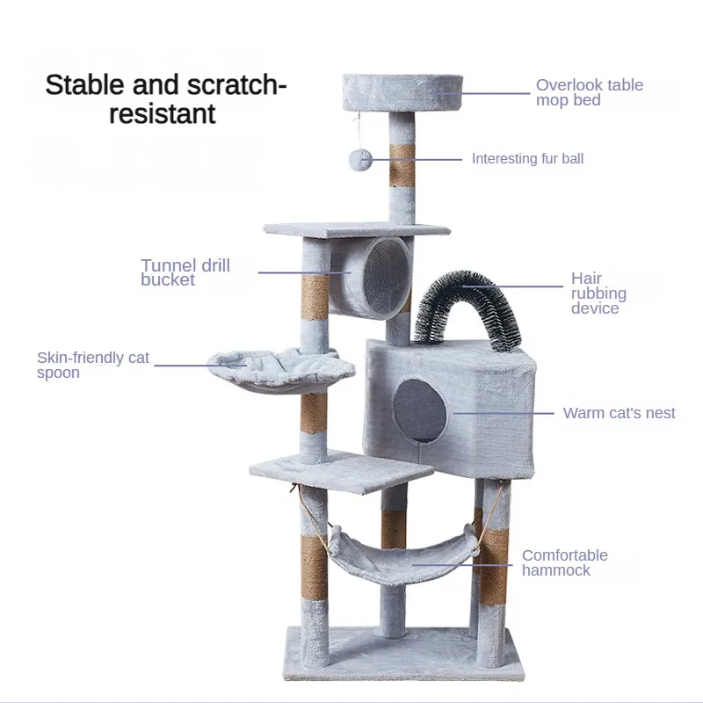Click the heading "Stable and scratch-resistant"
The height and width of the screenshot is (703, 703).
[x=166, y=99]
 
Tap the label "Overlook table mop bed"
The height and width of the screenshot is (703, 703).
[x=589, y=92]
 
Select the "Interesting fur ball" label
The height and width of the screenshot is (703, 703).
[x=527, y=159]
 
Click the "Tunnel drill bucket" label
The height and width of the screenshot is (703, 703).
[x=185, y=272]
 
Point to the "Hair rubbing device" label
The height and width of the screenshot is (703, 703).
[x=598, y=294]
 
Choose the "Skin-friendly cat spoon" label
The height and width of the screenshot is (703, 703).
[x=93, y=366]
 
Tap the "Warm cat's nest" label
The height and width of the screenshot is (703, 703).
[x=619, y=413]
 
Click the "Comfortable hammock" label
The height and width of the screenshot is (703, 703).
[x=564, y=562]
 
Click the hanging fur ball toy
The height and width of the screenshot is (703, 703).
[x=360, y=159]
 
